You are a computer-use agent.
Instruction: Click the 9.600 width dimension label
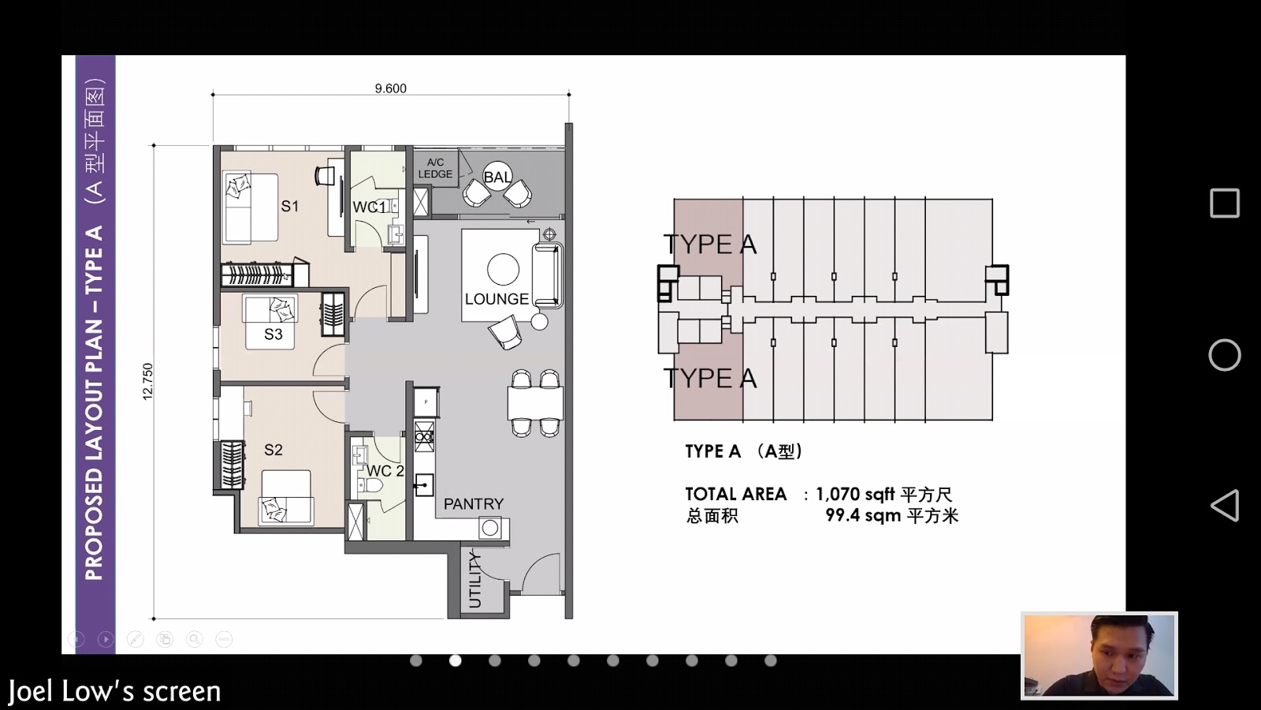tap(390, 88)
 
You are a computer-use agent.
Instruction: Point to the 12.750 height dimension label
tap(147, 382)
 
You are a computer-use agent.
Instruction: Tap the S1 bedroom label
tap(290, 206)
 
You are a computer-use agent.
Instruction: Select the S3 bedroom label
tap(273, 334)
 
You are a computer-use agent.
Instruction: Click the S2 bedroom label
tap(273, 450)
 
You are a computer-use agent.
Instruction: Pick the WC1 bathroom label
tap(370, 207)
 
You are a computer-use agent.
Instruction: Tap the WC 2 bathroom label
tap(385, 470)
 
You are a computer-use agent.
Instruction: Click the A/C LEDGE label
tap(435, 168)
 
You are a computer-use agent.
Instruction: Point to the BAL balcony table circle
tap(497, 177)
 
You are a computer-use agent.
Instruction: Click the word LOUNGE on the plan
tap(497, 299)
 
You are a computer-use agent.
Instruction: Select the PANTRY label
tap(474, 504)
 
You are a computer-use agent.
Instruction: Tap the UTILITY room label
tap(474, 580)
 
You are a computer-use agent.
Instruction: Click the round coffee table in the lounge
tap(504, 269)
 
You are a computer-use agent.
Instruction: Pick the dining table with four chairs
tap(535, 403)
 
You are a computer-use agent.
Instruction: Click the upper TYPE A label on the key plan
tap(710, 244)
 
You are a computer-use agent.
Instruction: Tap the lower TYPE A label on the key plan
tap(710, 378)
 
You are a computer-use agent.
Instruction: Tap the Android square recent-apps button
tap(1225, 203)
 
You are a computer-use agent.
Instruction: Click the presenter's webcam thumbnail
tap(1099, 656)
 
